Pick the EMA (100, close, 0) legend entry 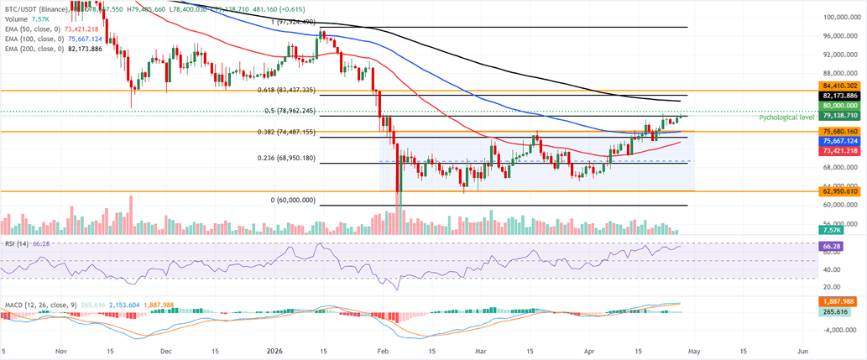pyautogui.click(x=36, y=38)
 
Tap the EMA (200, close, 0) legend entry pyautogui.click(x=36, y=49)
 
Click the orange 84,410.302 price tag pyautogui.click(x=840, y=86)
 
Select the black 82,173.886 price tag pyautogui.click(x=840, y=97)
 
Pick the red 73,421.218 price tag pyautogui.click(x=840, y=150)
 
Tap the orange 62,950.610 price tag pyautogui.click(x=840, y=192)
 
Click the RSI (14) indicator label pyautogui.click(x=17, y=243)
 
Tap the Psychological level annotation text pyautogui.click(x=786, y=118)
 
